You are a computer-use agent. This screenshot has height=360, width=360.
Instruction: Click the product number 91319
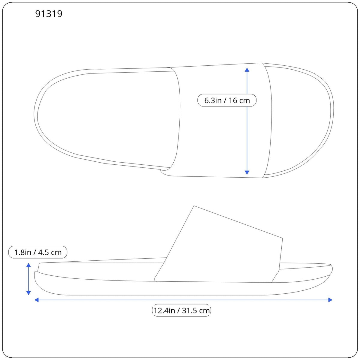point(49,14)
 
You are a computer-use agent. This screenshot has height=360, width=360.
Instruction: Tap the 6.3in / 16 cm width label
point(227,100)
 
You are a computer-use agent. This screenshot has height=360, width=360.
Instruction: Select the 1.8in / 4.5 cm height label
point(38,252)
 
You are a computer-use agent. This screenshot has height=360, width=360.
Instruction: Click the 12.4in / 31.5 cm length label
point(181,310)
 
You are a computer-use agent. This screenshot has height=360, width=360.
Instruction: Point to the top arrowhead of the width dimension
point(247,70)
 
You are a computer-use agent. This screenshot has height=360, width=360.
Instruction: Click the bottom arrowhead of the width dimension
point(247,172)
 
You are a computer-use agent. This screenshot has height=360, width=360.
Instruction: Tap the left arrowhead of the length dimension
point(37,300)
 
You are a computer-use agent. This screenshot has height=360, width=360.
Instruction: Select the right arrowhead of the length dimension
point(330,300)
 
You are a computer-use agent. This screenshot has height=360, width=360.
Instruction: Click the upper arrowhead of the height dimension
point(28,265)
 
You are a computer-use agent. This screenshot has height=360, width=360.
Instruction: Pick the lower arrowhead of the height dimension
point(28,293)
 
